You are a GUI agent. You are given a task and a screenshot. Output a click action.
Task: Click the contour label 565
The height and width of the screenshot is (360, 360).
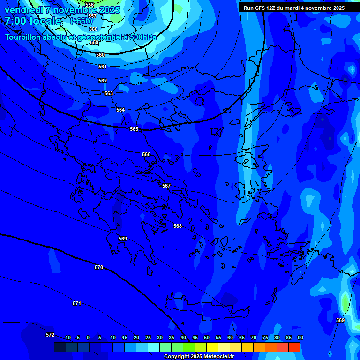point(134,129)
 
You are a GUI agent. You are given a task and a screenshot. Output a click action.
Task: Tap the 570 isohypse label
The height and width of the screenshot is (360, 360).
point(99,267)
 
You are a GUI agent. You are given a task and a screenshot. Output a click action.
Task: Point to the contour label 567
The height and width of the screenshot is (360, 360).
point(166,186)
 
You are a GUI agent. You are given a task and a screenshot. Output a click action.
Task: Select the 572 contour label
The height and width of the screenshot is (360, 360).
point(50,335)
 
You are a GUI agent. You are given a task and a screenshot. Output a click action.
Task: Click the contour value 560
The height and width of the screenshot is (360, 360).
point(100,55)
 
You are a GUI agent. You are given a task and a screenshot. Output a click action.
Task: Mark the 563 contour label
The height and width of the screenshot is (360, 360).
point(109,93)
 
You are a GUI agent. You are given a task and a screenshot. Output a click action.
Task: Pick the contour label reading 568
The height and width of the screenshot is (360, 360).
point(178,226)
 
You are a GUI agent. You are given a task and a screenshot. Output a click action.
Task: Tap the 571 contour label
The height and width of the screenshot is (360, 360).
point(77,303)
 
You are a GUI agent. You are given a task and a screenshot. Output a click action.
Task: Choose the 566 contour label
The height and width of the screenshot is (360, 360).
point(146,154)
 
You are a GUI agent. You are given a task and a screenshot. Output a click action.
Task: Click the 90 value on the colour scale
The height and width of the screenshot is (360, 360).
point(300,337)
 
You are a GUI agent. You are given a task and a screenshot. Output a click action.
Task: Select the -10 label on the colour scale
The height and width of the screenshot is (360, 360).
point(67,337)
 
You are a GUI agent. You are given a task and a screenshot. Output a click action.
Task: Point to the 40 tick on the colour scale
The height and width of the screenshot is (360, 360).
point(183,337)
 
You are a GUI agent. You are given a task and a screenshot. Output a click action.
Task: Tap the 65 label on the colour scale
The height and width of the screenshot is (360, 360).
point(241,337)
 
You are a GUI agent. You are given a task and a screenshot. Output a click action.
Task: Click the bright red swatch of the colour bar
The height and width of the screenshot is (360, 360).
point(294,347)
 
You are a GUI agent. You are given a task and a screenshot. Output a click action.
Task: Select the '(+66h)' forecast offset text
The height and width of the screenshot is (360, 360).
point(81,21)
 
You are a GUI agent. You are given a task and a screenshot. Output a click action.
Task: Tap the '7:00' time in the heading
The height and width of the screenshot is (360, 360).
point(15,21)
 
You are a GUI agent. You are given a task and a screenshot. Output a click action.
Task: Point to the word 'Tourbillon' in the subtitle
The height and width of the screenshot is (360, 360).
point(24,37)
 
